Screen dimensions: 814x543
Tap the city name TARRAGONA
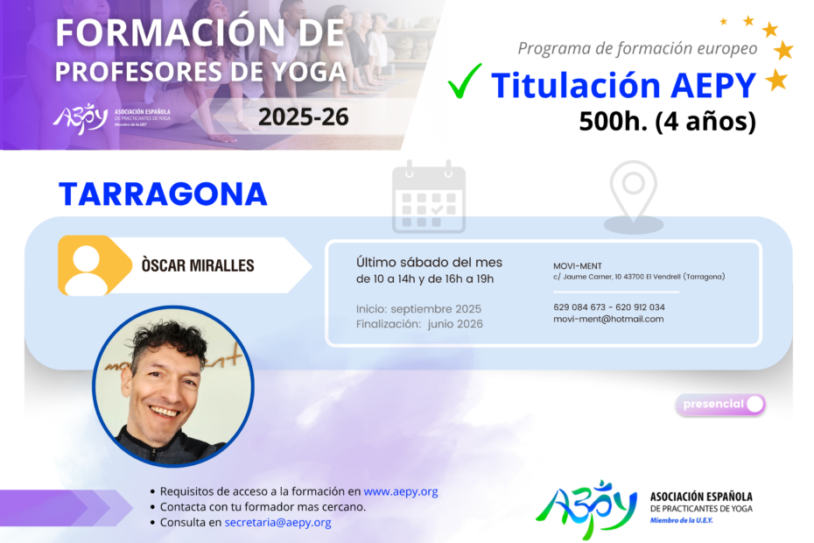click(163, 194)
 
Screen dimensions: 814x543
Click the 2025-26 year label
click(303, 116)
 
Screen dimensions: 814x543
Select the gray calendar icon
click(429, 196)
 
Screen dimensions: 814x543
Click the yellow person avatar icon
click(94, 265)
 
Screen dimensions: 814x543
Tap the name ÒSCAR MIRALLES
click(198, 265)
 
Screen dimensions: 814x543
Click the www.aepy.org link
click(401, 491)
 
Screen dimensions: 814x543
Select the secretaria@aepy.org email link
click(277, 523)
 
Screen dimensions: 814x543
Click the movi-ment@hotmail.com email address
click(608, 319)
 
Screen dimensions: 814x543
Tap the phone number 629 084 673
click(579, 307)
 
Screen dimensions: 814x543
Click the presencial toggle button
click(720, 405)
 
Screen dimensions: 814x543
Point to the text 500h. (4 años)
click(668, 121)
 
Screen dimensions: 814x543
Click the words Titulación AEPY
click(623, 85)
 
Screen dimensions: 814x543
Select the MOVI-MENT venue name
click(578, 266)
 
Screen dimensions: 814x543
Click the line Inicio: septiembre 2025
click(418, 309)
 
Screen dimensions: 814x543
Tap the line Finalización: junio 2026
click(419, 324)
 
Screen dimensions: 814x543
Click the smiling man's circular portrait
click(173, 386)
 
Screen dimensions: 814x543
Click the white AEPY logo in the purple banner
click(80, 118)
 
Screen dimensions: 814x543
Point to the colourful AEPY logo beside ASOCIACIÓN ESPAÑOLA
click(586, 509)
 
